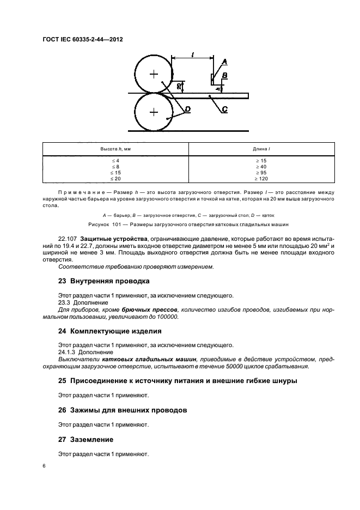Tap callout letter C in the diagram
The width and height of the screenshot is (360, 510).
(x=224, y=110)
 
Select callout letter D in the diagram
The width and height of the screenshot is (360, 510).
(x=187, y=110)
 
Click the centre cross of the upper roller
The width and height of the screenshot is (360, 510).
(x=154, y=74)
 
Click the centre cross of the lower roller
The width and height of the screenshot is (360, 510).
(x=154, y=112)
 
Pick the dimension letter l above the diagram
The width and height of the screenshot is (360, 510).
(x=192, y=53)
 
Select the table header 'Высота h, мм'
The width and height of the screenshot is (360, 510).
(x=115, y=149)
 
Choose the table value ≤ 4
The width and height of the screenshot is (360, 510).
(x=115, y=160)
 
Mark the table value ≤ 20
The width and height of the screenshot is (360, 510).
(x=115, y=178)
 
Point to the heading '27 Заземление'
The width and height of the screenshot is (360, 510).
(x=87, y=439)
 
